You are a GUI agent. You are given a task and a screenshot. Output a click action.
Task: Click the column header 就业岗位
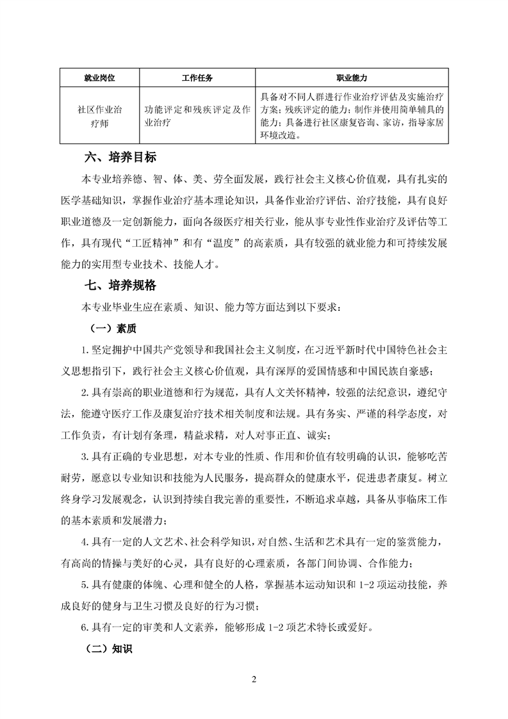[103, 78]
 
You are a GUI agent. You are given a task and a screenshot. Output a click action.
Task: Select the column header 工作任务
[197, 78]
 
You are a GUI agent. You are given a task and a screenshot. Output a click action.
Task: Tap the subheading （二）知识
[109, 649]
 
